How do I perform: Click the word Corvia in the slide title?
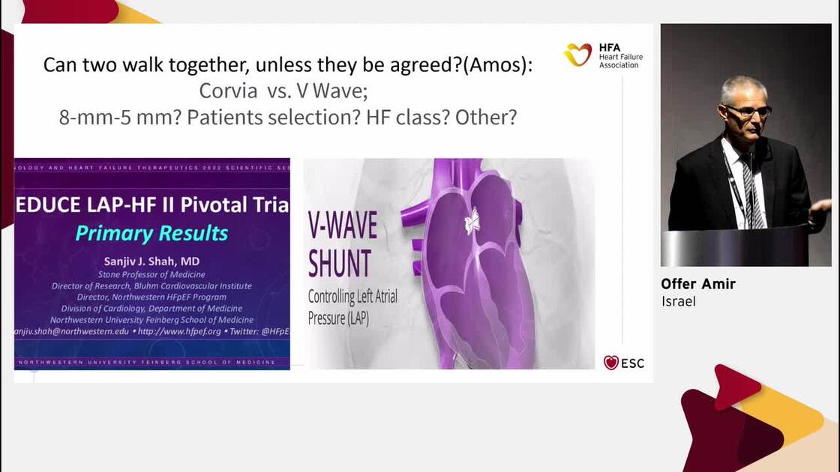226,91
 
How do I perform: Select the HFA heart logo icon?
577,54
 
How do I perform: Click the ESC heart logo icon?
611,363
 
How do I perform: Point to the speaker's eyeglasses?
747,111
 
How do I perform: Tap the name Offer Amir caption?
697,284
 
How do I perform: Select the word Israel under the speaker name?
679,301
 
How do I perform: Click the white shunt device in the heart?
472,221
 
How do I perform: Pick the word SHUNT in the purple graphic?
340,263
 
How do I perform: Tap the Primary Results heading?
151,233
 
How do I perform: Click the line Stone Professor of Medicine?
151,274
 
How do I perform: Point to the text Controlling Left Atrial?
352,296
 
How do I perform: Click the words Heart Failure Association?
620,56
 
